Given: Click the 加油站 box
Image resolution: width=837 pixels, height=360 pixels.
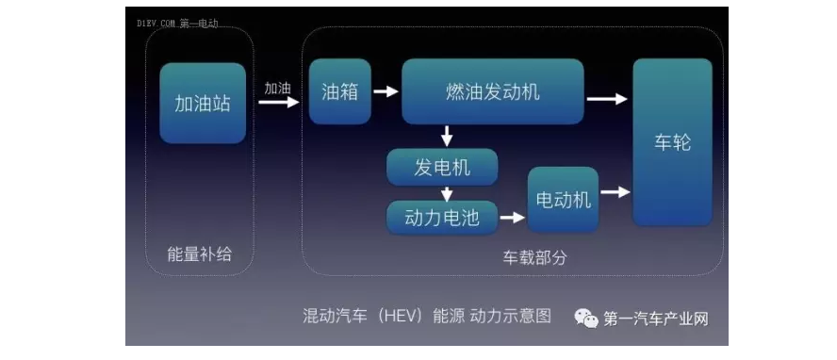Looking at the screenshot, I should (x=203, y=103).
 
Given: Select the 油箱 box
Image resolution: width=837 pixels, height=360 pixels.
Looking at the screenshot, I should (x=339, y=91).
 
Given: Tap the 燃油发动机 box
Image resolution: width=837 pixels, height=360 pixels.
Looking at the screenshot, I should (x=492, y=91).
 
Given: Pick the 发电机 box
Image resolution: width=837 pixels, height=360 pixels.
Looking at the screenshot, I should (x=442, y=168).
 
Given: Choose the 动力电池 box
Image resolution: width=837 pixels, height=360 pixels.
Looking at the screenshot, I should (x=442, y=218).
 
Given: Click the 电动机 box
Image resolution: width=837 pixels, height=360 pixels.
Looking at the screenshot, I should (x=563, y=199).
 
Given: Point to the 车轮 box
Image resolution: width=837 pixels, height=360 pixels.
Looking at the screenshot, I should (x=672, y=142).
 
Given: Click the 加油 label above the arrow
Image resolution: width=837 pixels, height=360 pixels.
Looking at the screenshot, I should (x=277, y=88).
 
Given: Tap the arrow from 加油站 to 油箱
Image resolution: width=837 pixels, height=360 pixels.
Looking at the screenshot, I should (x=278, y=103).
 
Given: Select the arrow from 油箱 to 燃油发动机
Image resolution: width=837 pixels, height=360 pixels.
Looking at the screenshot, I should (x=385, y=92).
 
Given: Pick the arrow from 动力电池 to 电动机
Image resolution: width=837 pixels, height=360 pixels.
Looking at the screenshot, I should (x=512, y=219).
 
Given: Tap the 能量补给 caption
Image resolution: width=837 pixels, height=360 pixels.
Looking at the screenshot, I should (x=199, y=254).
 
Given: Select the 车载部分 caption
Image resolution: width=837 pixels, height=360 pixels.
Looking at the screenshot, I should (x=534, y=256).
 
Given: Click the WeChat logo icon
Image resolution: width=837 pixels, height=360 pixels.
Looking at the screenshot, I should (x=587, y=319).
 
